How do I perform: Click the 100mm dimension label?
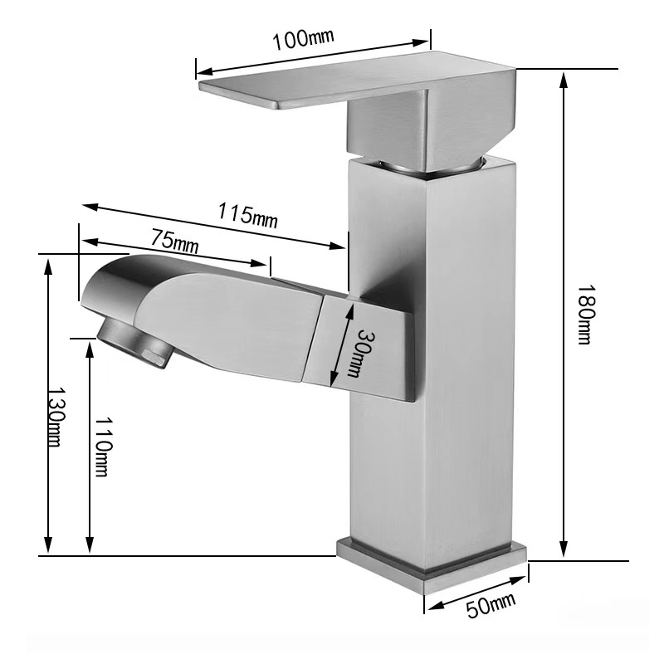point(305,39)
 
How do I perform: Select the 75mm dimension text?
point(174,242)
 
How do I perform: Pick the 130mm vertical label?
point(54,417)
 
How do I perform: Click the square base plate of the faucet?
point(432,564)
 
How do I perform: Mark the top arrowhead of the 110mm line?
point(90,345)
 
